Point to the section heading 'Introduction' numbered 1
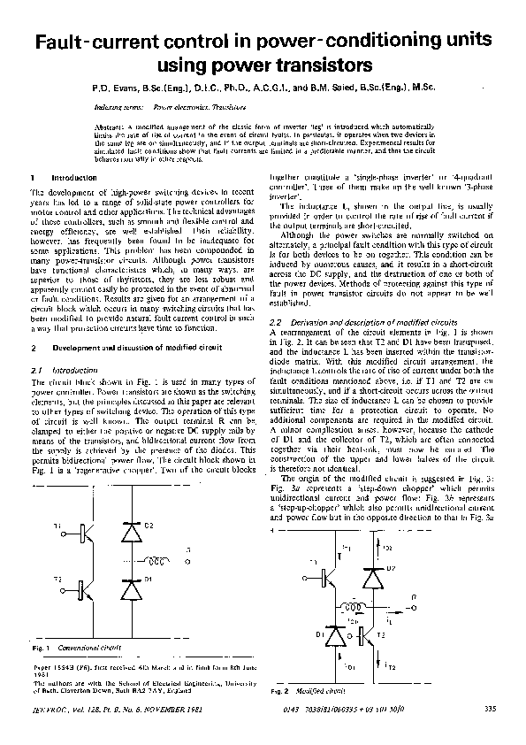pos(67,178)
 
